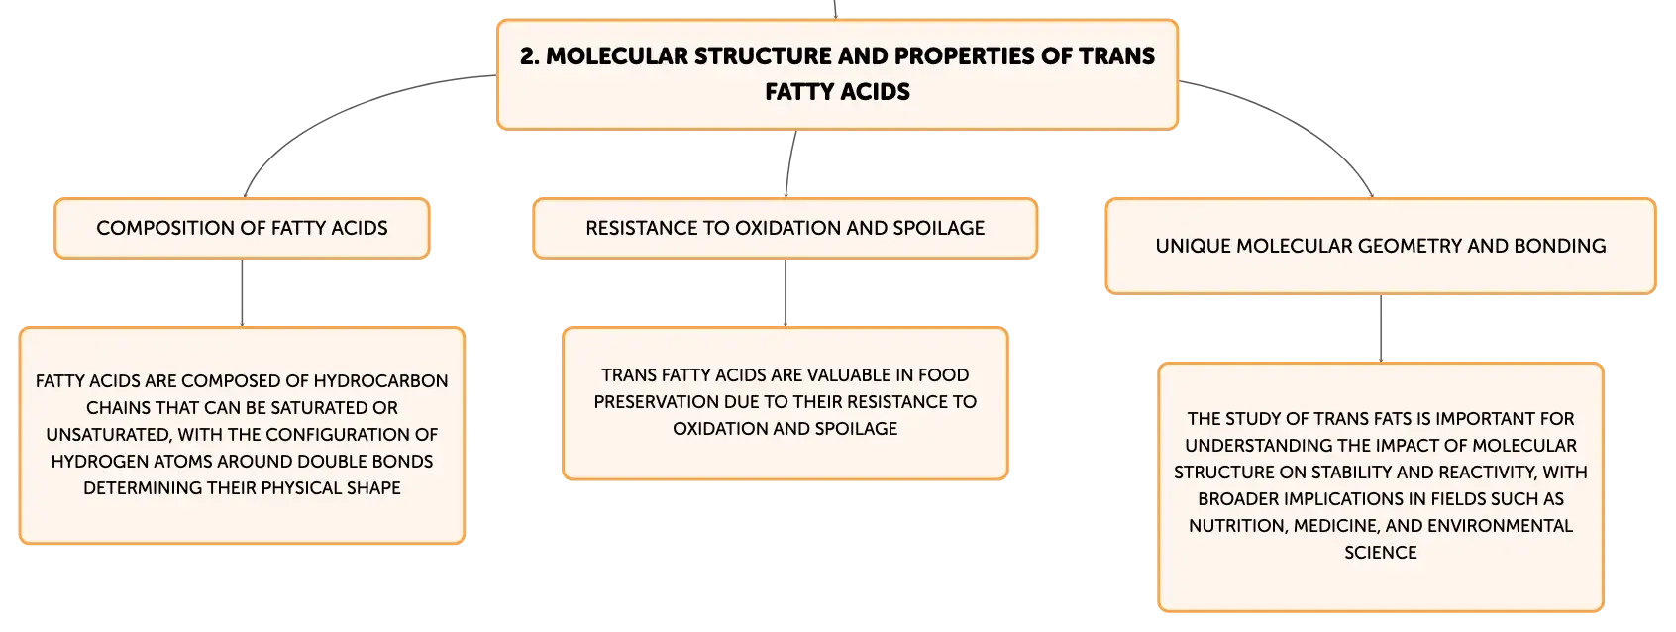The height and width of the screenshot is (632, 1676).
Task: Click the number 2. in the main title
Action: pyautogui.click(x=530, y=56)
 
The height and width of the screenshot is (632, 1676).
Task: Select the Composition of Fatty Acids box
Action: pyautogui.click(x=242, y=228)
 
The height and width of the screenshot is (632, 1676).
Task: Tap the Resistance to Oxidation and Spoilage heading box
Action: pyautogui.click(x=785, y=228)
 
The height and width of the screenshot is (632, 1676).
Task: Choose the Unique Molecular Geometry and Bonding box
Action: pyautogui.click(x=1381, y=246)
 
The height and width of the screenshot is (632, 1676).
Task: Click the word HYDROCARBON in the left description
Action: pyautogui.click(x=380, y=380)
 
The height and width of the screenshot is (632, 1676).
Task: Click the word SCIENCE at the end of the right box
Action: pyautogui.click(x=1381, y=553)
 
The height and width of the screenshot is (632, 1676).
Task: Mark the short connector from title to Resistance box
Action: pyautogui.click(x=789, y=163)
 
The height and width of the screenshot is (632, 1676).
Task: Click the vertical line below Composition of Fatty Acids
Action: pyautogui.click(x=242, y=292)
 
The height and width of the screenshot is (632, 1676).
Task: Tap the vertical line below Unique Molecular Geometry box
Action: pyautogui.click(x=1381, y=328)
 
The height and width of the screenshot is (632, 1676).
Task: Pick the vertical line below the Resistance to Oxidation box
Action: pyautogui.click(x=785, y=292)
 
